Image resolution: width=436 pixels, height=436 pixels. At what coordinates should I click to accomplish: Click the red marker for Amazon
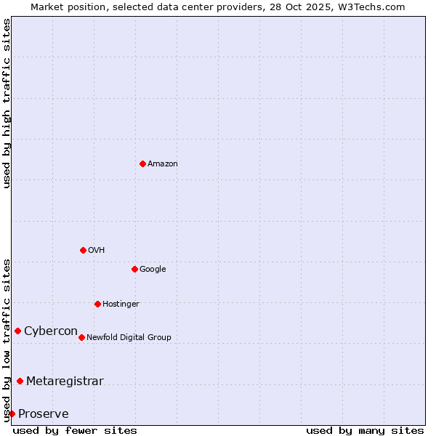142,163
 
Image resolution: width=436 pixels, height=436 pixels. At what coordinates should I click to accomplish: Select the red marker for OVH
83,250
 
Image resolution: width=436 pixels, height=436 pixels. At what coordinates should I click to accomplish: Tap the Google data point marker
134,269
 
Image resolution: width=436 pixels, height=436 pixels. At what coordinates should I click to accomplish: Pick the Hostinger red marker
97,304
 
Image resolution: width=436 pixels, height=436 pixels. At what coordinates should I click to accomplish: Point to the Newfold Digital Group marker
81,337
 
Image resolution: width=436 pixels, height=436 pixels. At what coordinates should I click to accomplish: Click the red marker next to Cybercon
17,331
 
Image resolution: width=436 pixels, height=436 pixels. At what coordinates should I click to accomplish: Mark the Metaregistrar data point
20,381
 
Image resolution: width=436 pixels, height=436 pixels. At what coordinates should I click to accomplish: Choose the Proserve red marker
12,413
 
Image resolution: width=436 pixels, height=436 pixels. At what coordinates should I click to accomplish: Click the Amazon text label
163,163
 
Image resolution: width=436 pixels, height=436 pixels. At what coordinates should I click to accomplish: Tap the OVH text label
97,250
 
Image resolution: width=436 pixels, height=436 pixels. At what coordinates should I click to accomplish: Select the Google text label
153,269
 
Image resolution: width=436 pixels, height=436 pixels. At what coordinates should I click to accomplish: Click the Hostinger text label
121,304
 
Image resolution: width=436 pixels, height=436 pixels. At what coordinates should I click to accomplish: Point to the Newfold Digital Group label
129,337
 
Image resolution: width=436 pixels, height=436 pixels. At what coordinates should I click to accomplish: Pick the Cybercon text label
51,331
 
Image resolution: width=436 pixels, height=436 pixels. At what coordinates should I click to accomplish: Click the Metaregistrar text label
65,381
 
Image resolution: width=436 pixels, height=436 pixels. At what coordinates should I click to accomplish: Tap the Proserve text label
44,414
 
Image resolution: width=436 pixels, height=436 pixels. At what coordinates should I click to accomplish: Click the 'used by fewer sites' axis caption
75,430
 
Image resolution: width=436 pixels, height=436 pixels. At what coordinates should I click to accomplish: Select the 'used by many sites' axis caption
365,430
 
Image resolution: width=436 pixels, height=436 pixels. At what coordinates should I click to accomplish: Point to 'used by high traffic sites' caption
7,103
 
